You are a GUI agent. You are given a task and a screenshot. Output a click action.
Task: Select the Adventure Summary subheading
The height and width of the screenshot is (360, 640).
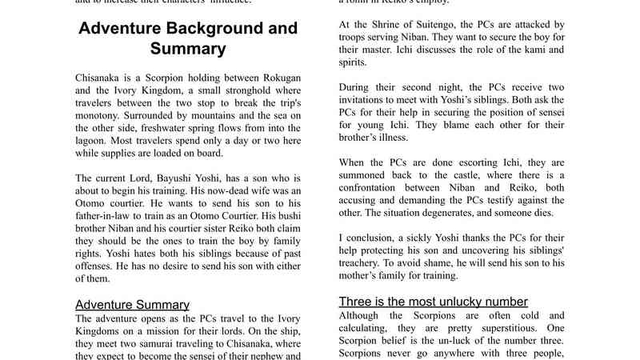(x=132, y=305)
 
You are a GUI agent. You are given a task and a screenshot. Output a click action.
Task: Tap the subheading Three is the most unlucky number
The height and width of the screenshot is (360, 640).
(x=433, y=302)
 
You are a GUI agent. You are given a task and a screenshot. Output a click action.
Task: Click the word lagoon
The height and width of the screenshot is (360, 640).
(x=94, y=138)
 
